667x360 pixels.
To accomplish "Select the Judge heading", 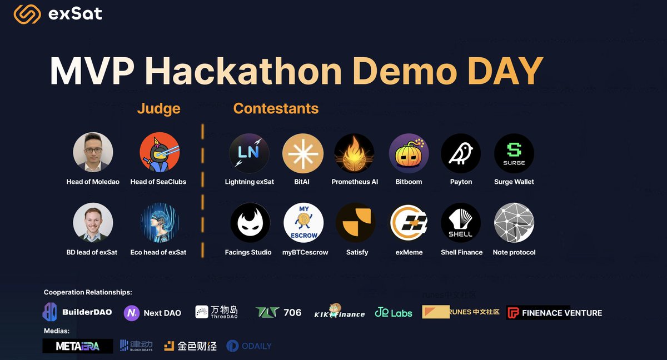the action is pyautogui.click(x=158, y=108).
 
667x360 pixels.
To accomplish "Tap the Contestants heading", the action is pyautogui.click(x=276, y=108).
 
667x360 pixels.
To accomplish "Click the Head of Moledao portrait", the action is pyautogui.click(x=93, y=152).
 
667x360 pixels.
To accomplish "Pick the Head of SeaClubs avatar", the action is pyautogui.click(x=159, y=152).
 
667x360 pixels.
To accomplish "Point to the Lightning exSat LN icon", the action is pyautogui.click(x=249, y=153).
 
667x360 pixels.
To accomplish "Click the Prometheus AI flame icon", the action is pyautogui.click(x=354, y=153).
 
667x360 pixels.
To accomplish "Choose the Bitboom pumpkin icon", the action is pyautogui.click(x=409, y=153).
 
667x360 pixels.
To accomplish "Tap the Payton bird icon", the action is pyautogui.click(x=461, y=153).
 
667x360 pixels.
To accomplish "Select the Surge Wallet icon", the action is pyautogui.click(x=514, y=153).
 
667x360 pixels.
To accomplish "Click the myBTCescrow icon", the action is pyautogui.click(x=303, y=223).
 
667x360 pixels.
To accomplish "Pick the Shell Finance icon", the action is pyautogui.click(x=461, y=223).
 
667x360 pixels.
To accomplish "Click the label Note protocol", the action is pyautogui.click(x=514, y=252).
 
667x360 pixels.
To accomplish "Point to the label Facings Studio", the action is pyautogui.click(x=248, y=252).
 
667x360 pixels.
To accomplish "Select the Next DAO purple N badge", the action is pyautogui.click(x=132, y=313).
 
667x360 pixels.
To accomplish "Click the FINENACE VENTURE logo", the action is pyautogui.click(x=554, y=313).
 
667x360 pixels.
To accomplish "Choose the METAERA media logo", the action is pyautogui.click(x=78, y=346).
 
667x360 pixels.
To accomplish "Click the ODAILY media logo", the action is pyautogui.click(x=249, y=346).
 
